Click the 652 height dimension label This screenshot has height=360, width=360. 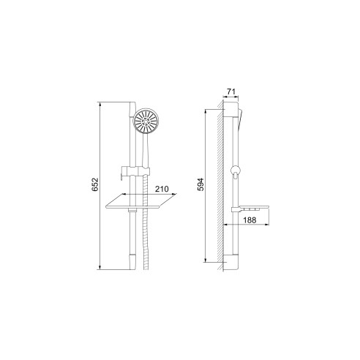95,184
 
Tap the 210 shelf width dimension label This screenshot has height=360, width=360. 162,189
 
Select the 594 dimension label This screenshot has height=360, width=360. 200,184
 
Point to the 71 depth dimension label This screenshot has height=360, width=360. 231,91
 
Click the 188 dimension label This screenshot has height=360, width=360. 250,220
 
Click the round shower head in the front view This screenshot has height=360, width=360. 146,121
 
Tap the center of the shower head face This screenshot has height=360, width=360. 146,121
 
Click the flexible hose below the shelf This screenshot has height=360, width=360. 146,239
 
